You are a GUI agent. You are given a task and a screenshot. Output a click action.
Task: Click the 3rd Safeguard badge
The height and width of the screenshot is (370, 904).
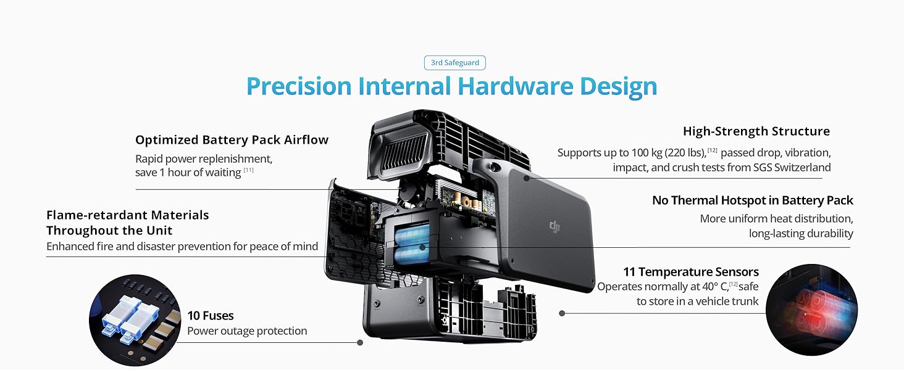[454, 62]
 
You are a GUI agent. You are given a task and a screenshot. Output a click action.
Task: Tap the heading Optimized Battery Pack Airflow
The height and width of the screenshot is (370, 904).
[232, 140]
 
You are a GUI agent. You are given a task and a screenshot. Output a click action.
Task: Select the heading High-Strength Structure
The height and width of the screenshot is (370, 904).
[756, 131]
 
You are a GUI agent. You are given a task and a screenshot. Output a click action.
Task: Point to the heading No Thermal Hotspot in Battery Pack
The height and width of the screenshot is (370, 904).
[752, 200]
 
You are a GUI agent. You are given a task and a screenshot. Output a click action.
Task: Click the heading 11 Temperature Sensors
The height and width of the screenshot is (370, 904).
[691, 272]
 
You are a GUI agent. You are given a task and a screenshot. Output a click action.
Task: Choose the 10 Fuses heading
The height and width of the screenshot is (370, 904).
[210, 316]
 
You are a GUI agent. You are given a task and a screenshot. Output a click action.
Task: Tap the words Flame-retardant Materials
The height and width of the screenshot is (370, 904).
[127, 215]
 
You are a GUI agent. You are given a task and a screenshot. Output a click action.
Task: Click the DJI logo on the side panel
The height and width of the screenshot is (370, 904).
[555, 228]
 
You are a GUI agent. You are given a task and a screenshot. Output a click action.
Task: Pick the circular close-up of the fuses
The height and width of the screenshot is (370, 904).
[135, 321]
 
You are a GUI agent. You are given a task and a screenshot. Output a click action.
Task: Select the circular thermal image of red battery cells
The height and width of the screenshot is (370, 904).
[811, 310]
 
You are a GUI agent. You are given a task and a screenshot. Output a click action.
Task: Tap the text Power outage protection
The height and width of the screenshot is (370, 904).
[247, 331]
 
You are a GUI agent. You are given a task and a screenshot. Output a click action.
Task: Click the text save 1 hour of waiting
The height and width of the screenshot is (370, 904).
[188, 173]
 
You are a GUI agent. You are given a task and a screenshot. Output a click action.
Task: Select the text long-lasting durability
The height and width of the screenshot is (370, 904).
[801, 233]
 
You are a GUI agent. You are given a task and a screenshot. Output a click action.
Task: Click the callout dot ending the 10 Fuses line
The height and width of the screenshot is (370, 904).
[359, 342]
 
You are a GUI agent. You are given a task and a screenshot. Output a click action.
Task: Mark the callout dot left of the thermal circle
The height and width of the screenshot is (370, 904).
[562, 313]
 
